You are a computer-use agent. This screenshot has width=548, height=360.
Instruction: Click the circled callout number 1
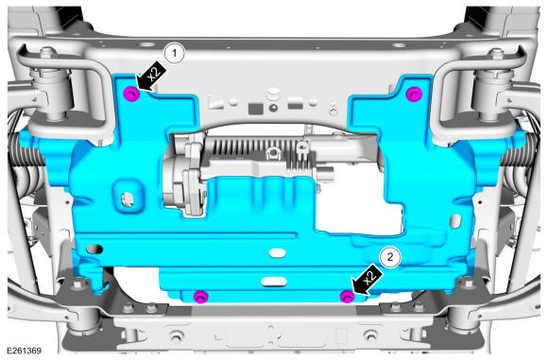tap(174, 54)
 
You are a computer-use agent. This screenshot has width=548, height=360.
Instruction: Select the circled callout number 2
tap(389, 258)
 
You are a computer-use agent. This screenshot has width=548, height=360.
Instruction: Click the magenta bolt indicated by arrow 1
tap(131, 94)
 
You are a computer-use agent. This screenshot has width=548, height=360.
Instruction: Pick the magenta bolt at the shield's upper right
tap(414, 94)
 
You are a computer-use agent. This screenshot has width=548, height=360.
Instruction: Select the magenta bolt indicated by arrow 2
tap(347, 297)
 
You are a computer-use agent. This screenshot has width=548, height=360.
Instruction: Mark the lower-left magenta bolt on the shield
tap(200, 297)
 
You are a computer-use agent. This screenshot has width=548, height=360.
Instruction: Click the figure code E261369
tap(25, 351)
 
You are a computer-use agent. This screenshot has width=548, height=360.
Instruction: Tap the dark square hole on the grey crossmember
tap(255, 109)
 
